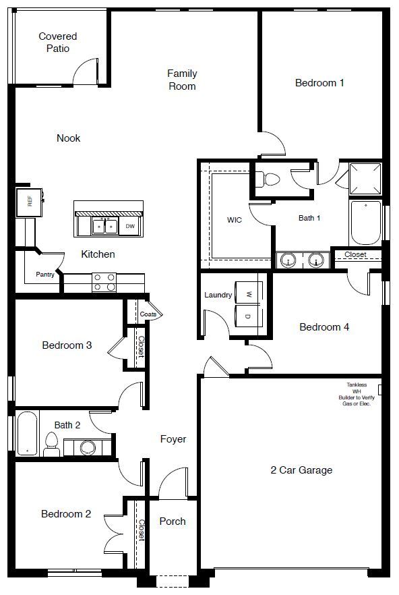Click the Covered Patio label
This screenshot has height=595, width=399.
coord(57,42)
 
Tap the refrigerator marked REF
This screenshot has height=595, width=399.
coord(29,201)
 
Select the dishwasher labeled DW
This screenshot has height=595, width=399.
coord(130,227)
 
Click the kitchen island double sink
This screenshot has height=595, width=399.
coord(106,227)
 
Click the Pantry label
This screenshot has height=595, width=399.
coord(45,275)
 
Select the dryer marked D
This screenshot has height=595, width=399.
coord(249,316)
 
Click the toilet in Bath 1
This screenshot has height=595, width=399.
coord(269,179)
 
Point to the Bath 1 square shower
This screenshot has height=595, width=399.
coord(365,179)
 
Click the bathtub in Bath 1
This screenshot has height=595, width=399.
coord(365,223)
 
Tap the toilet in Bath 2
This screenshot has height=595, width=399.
coord(51,444)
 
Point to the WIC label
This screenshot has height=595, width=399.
coord(235,220)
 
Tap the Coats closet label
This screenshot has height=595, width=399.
coord(148,314)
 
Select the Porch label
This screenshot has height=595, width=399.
coord(173,521)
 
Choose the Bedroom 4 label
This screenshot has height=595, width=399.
coord(324,327)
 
